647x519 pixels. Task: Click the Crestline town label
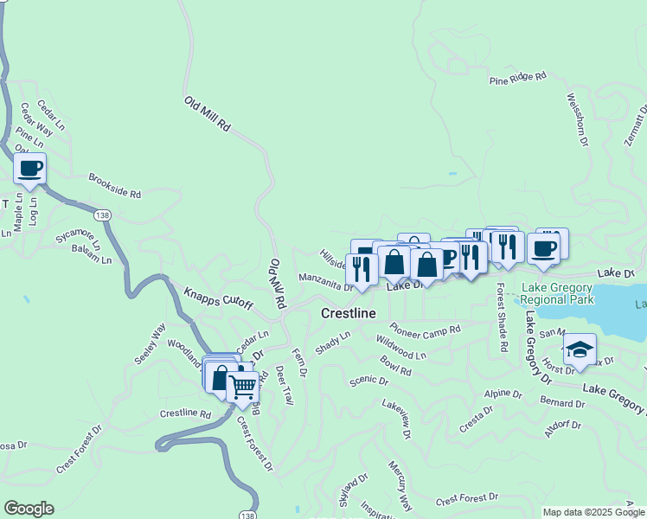[349, 313]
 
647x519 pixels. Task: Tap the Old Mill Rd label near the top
[208, 113]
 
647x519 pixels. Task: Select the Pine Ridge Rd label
[518, 78]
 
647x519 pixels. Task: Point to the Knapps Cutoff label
[218, 295]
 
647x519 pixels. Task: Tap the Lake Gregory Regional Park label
[557, 293]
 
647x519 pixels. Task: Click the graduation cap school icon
[579, 349]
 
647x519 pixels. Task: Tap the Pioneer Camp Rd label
[425, 329]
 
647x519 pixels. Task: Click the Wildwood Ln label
[402, 350]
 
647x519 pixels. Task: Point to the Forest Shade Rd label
[502, 319]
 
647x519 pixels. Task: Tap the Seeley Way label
[148, 345]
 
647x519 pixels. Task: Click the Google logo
[29, 509]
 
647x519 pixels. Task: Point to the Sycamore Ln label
[78, 238]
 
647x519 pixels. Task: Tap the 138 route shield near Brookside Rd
[104, 213]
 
